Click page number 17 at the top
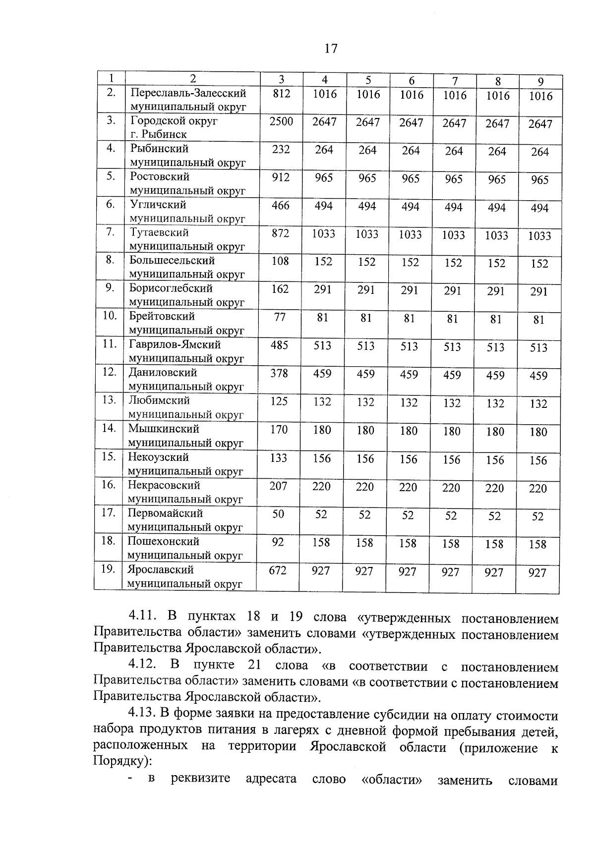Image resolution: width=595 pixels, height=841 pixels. coord(331,49)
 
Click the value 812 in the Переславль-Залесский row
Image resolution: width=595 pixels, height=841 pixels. coord(281,93)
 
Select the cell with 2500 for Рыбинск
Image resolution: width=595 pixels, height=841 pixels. coord(281,121)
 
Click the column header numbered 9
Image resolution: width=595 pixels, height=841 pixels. coord(541,82)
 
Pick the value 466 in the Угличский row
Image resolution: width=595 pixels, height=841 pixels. coord(281,205)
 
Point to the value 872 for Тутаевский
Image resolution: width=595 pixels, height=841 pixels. coord(281,233)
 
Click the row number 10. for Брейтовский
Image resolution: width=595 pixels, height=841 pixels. coord(110,316)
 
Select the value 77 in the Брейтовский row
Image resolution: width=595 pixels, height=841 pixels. coord(280,317)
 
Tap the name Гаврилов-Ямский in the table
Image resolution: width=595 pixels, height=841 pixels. coord(175,344)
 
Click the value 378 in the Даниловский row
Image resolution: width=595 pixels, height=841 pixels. coord(279,373)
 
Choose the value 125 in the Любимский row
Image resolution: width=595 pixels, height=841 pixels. coord(279,401)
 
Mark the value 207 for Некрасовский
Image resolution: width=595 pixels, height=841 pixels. coord(279,486)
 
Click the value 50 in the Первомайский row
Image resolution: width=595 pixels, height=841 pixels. coord(278,514)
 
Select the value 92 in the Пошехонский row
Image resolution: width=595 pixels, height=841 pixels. coord(278,542)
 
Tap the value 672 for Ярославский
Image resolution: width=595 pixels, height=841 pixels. coord(278,570)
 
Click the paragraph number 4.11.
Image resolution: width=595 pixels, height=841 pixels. coord(143,617)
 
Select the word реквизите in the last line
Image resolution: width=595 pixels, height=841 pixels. coord(200,778)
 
